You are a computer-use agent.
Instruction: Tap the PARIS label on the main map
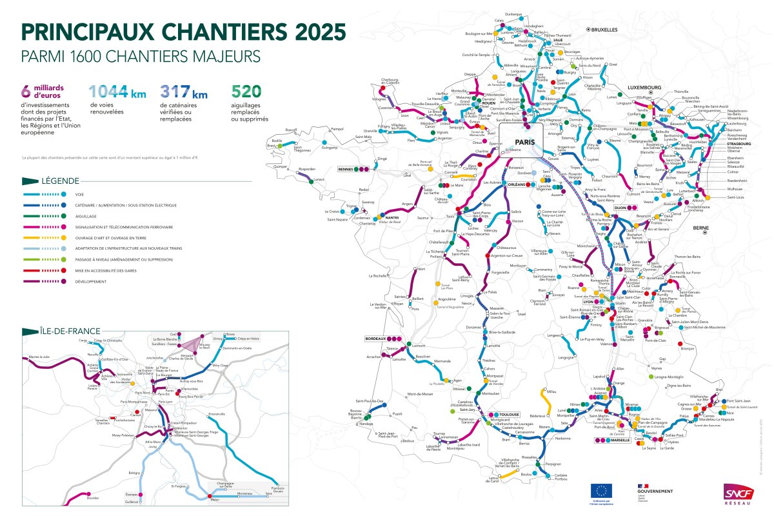527,141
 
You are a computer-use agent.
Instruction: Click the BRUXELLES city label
604,30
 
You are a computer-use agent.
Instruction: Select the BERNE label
702,228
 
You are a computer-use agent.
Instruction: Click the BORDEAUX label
375,339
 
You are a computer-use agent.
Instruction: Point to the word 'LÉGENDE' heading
59,181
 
